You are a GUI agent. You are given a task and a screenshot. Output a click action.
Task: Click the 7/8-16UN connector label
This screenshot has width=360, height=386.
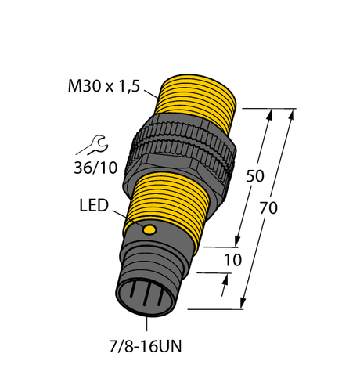(149, 347)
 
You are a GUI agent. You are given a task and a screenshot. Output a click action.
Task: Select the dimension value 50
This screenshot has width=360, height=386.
(254, 175)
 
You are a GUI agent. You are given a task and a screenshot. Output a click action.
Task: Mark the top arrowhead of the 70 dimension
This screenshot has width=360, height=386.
(293, 115)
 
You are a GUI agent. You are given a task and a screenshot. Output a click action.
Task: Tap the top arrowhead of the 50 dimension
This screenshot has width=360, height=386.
(271, 115)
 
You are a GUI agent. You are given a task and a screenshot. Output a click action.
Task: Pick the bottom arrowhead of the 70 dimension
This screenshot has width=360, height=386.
(245, 301)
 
